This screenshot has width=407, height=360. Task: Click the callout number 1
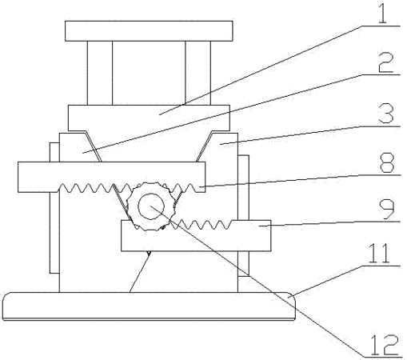click(382, 14)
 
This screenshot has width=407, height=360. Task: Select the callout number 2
click(386, 62)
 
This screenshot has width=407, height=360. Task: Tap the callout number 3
click(386, 114)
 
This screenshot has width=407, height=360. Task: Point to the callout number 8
click(387, 162)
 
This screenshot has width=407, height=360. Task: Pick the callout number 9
click(387, 210)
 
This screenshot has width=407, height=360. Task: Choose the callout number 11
click(379, 254)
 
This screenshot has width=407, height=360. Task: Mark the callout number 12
click(385, 345)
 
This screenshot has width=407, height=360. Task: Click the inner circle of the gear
click(151, 206)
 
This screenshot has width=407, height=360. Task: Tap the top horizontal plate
click(149, 31)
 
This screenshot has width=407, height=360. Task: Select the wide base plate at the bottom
click(149, 306)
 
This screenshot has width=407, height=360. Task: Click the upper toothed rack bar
click(112, 177)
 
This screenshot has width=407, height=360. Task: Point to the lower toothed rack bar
click(196, 236)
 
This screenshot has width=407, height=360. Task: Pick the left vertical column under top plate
click(100, 73)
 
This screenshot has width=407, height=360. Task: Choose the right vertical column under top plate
click(198, 73)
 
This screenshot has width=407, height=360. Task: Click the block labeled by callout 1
click(149, 118)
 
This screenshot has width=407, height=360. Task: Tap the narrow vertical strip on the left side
click(54, 208)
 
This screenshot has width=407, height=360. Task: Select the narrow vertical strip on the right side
click(243, 215)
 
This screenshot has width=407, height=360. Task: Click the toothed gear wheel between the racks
click(151, 206)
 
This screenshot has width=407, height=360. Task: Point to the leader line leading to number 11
click(329, 280)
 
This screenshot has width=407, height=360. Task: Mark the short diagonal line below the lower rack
click(140, 272)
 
